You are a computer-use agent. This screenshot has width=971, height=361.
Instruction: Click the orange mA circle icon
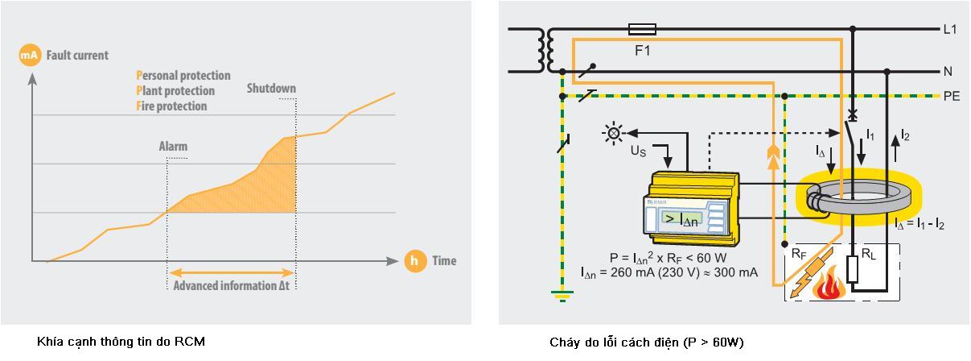(29, 56)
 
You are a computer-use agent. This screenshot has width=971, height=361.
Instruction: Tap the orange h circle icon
(415, 260)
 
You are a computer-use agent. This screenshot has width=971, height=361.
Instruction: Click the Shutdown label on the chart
(271, 89)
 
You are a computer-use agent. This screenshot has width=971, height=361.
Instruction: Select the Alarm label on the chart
(173, 147)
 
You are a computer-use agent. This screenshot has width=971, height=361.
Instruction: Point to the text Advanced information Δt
(231, 285)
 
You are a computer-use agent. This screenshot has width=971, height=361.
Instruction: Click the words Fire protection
(171, 106)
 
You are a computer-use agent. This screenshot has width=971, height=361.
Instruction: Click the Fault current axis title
(77, 56)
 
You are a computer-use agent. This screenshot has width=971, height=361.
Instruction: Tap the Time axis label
(444, 260)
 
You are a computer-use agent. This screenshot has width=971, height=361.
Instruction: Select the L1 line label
(950, 30)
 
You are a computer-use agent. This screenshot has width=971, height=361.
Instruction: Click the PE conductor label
(952, 96)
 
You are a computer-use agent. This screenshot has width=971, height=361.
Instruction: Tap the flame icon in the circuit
(828, 284)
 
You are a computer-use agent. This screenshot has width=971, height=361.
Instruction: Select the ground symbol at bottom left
(561, 297)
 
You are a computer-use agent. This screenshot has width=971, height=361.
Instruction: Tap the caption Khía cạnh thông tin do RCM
(121, 342)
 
